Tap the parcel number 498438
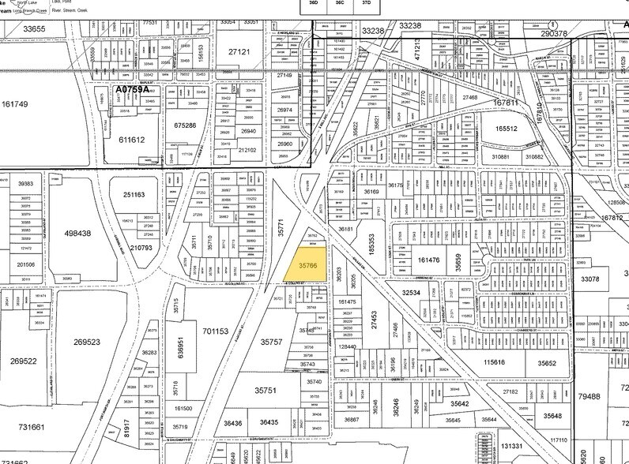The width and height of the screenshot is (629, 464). [77, 234]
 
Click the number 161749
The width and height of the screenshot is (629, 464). [15, 104]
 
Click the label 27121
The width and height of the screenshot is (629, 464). [239, 51]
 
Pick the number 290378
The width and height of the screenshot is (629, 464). [555, 33]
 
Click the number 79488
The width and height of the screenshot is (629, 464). [610, 395]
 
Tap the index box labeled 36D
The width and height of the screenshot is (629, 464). [313, 4]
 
